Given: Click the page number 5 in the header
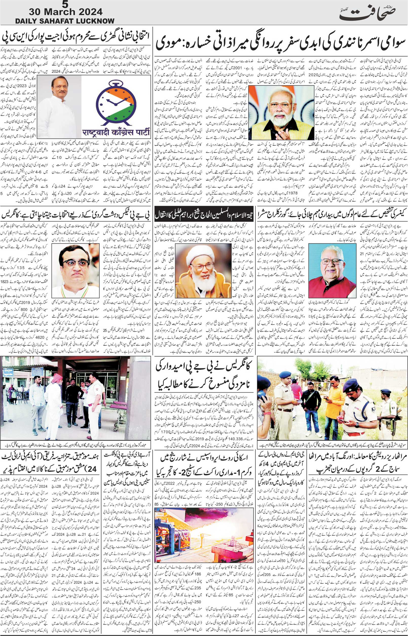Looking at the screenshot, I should pos(64,4).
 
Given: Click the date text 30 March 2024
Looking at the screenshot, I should pos(66,12).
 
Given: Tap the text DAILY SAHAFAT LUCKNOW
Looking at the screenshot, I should pos(65,21).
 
